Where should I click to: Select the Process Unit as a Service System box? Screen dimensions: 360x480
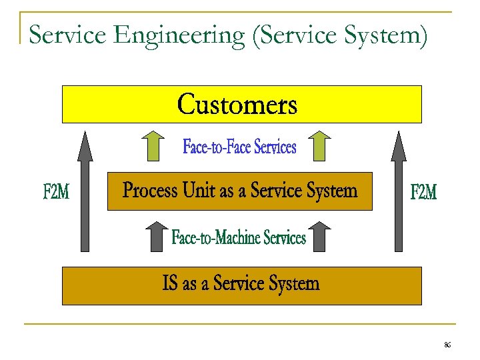[240, 192]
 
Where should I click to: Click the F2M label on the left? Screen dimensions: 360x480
[56, 193]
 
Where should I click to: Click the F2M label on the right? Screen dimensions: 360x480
[423, 193]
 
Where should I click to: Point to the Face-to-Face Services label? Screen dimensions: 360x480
[239, 147]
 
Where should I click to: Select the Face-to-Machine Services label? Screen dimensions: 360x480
[239, 237]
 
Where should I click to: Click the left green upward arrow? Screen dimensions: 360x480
[154, 146]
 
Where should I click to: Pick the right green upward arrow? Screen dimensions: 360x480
[321, 146]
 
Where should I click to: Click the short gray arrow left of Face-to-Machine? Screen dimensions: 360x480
[155, 237]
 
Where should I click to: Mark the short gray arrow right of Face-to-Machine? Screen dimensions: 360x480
[321, 237]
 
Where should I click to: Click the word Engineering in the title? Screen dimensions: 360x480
[180, 35]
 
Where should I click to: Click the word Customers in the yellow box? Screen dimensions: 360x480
[237, 105]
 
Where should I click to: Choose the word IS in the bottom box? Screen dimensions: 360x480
[171, 285]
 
